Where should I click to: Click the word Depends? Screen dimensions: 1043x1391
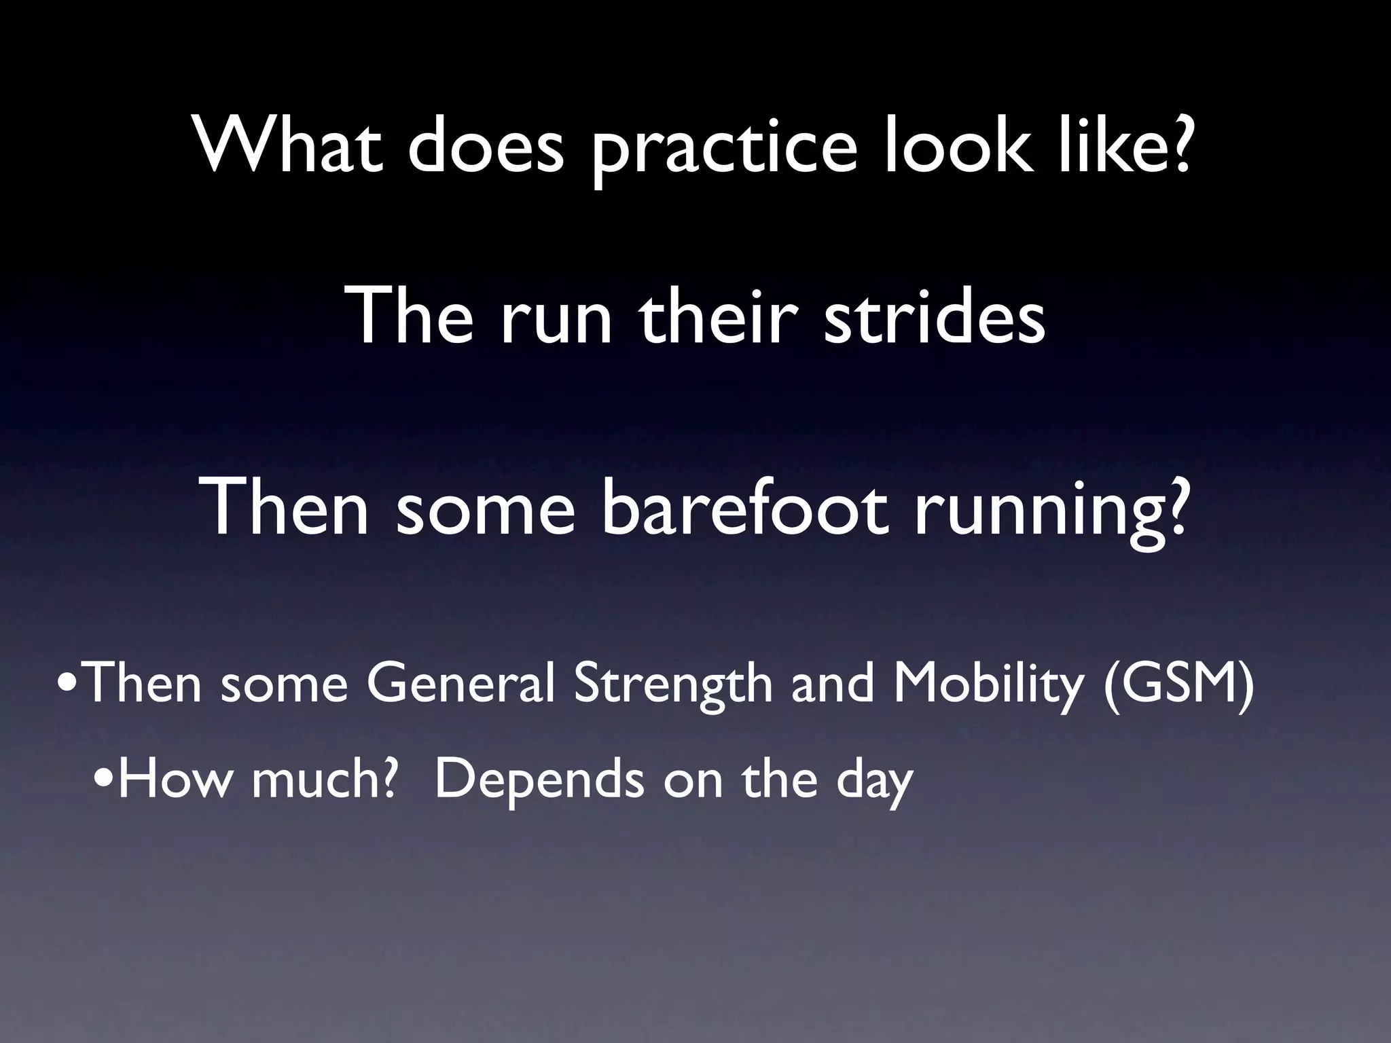tap(540, 781)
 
